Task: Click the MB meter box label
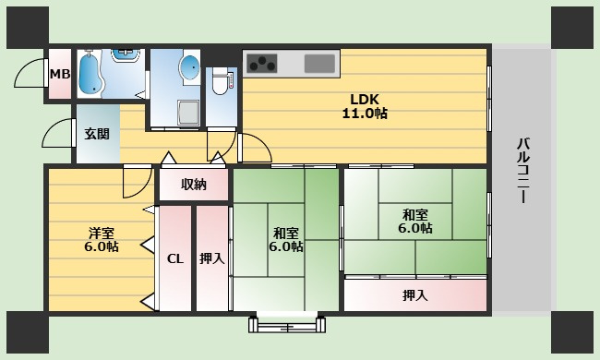(x=60, y=74)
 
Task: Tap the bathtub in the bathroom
(x=90, y=73)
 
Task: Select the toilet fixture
(x=220, y=81)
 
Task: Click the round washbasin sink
(x=189, y=67)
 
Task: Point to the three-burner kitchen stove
(x=262, y=63)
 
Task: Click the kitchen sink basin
(x=319, y=64)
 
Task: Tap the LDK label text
(x=365, y=100)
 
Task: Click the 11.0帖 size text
(x=365, y=114)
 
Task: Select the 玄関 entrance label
(x=97, y=134)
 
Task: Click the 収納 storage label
(x=194, y=185)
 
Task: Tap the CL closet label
(x=175, y=259)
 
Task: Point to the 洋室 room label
(x=102, y=233)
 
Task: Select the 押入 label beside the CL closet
(x=211, y=258)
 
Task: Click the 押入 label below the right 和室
(x=415, y=295)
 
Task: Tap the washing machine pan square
(x=188, y=113)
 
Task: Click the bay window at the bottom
(x=287, y=324)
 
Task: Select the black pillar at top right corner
(x=572, y=28)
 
